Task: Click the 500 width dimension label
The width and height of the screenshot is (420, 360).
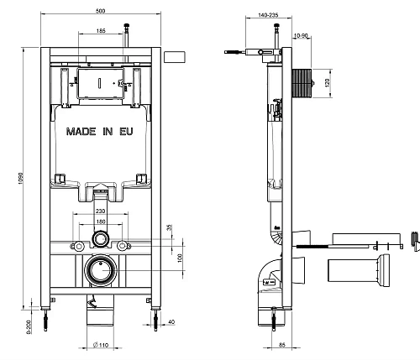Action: [x=100, y=11]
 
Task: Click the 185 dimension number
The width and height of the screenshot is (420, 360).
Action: [x=101, y=31]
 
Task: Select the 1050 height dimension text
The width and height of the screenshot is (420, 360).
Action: [x=20, y=179]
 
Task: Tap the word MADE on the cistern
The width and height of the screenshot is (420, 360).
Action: [x=81, y=132]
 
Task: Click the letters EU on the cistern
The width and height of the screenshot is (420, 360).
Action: [x=126, y=132]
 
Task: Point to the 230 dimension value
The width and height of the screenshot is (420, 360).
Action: [x=100, y=211]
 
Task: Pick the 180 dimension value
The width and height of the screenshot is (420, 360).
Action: [x=101, y=222]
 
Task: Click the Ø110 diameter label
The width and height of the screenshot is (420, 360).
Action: [x=100, y=346]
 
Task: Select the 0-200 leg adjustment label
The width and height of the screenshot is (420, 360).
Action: [x=29, y=326]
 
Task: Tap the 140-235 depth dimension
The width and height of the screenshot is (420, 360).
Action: [x=268, y=15]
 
